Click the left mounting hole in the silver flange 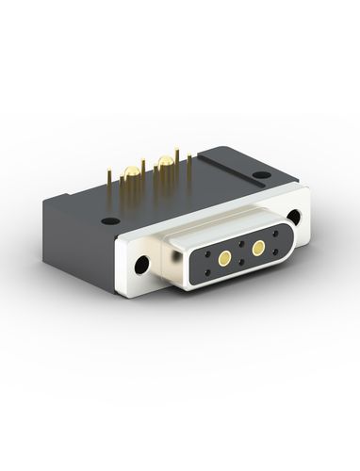coord(144,264)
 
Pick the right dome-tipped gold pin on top coord(166,162)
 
